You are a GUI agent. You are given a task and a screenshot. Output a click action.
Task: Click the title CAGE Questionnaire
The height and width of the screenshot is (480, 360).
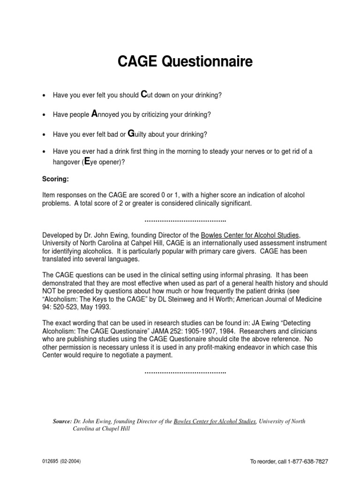[x=180, y=62]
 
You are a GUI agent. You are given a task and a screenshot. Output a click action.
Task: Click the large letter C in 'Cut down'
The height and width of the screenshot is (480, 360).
[x=144, y=95]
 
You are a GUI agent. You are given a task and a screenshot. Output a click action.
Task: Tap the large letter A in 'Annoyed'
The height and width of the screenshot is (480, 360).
[x=94, y=114]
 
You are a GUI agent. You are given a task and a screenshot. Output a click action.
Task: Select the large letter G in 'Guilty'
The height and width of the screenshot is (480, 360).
[x=131, y=134]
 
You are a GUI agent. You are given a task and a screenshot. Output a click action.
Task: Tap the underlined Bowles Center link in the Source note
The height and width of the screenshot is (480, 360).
[x=215, y=421]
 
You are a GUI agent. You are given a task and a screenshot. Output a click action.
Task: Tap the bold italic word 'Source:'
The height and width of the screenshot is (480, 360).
[x=62, y=421]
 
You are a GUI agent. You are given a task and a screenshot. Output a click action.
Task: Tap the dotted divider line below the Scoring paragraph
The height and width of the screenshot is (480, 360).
[x=185, y=220]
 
